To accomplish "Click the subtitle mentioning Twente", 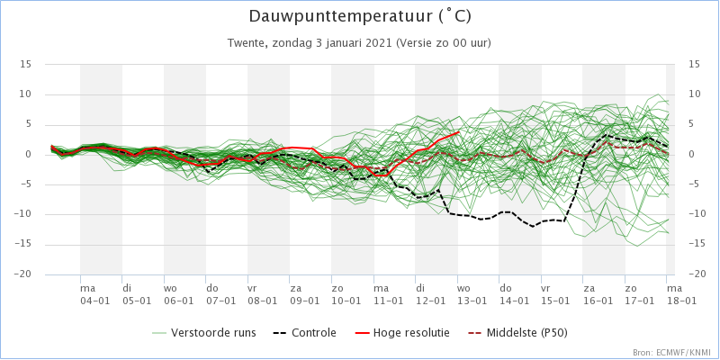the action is pos(359,43).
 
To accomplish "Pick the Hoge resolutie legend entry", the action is pos(402,332).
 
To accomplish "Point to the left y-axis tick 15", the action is pos(25,65).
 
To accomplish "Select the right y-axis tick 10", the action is pos(694,94).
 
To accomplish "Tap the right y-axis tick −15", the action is pos(697,244).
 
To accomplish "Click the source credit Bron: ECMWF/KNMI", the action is pos(673,353).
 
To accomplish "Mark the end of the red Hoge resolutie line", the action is pos(459,132).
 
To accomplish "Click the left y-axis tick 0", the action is pos(28,154).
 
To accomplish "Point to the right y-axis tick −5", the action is pos(694,184).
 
